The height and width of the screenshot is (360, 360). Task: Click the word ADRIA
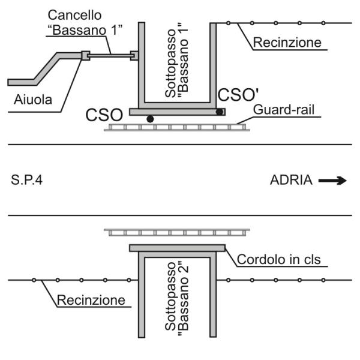[x=290, y=180]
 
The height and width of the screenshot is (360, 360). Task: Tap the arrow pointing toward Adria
[x=333, y=180]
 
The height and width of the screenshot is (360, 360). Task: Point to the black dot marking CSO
[x=150, y=119]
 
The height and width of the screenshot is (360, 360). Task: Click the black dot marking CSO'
[x=220, y=112]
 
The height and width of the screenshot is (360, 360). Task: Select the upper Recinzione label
[x=287, y=43]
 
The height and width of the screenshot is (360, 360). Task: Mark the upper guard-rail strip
[x=177, y=128]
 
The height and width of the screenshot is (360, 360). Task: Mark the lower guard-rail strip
[x=177, y=232]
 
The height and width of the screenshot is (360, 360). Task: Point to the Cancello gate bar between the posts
[x=110, y=56]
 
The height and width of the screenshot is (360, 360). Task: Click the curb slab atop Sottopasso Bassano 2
[x=177, y=247]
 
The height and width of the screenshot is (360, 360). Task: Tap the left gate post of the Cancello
[x=85, y=56]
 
